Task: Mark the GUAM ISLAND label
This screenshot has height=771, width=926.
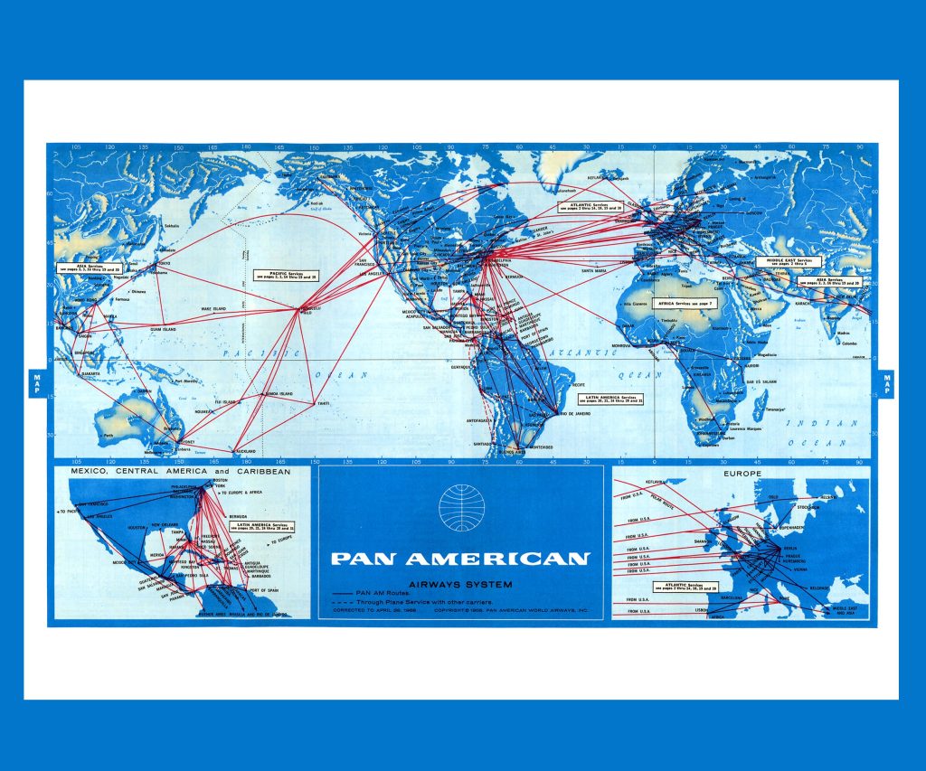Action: [168, 328]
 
